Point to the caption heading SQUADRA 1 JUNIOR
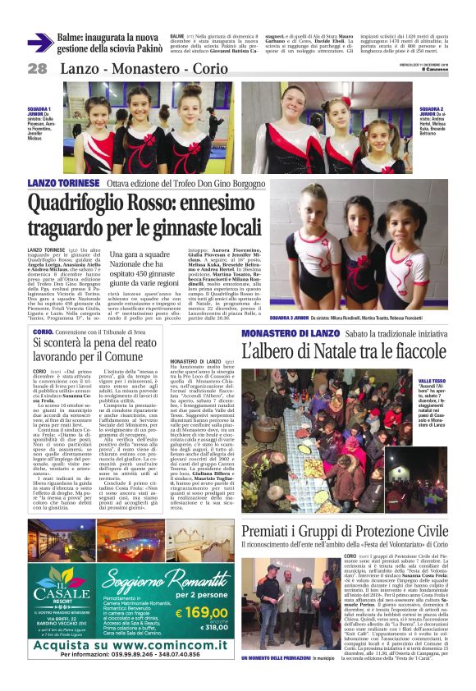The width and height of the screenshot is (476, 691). pyautogui.click(x=39, y=112)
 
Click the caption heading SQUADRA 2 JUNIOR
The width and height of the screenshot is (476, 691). pyautogui.click(x=433, y=112)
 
